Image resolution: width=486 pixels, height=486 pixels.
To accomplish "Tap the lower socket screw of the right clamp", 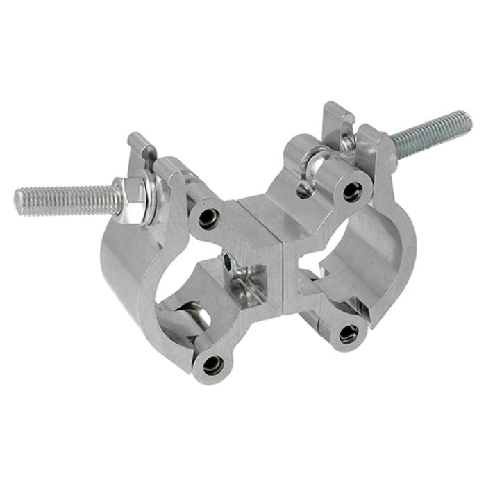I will pyautogui.click(x=347, y=334).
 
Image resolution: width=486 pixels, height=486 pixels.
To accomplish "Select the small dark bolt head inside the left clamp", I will pyautogui.click(x=230, y=261).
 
